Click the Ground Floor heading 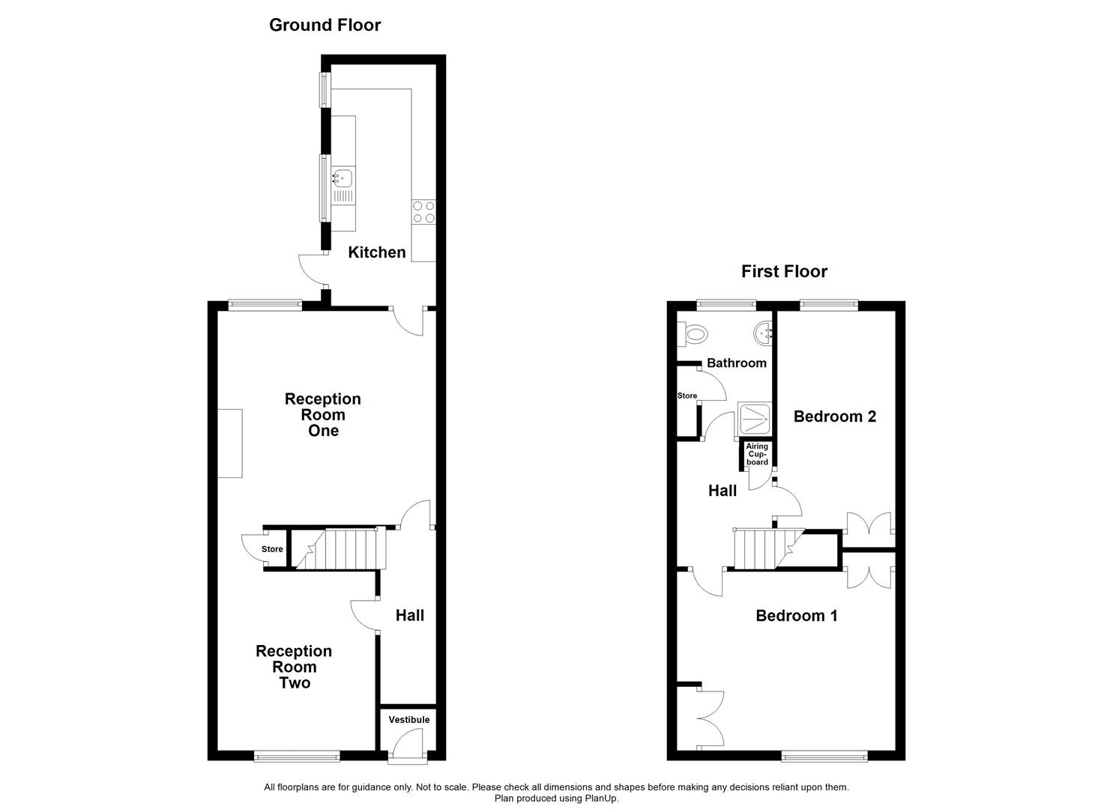(325, 25)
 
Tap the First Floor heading (784, 271)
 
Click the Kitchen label (377, 252)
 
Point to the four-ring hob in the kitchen (423, 212)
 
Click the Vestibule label (409, 720)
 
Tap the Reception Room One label (323, 415)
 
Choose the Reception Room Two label (294, 667)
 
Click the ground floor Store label (272, 549)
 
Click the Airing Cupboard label (757, 454)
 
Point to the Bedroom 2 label (835, 416)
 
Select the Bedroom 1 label (797, 616)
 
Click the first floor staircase (768, 548)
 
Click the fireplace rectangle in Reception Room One (230, 443)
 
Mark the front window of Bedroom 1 (824, 757)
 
